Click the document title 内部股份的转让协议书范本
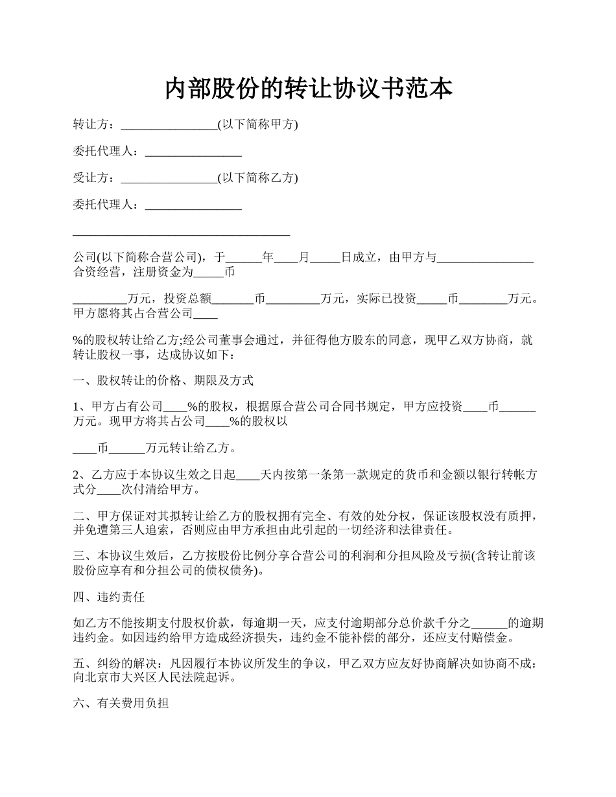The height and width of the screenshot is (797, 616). pyautogui.click(x=308, y=89)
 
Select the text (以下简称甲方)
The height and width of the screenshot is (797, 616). pyautogui.click(x=257, y=125)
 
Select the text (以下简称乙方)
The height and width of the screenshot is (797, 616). pyautogui.click(x=257, y=178)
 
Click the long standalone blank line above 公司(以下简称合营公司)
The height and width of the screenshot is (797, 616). pyautogui.click(x=182, y=233)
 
